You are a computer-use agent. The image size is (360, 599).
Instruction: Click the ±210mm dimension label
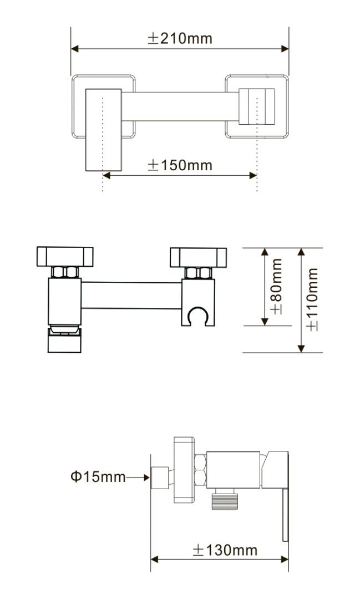(180, 39)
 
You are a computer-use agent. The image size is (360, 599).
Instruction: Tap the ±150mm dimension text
(180, 165)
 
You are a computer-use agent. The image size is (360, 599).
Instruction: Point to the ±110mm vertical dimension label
(312, 299)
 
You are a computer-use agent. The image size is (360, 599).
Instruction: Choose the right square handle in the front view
(198, 257)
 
